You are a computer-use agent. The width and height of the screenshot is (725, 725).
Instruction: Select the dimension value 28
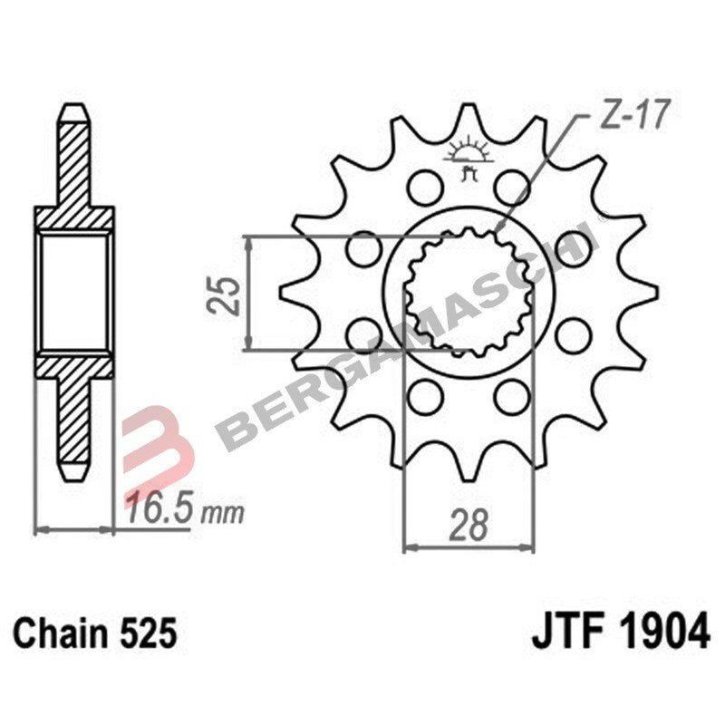tap(468, 526)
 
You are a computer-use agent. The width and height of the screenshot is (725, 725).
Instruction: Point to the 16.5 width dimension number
tap(160, 508)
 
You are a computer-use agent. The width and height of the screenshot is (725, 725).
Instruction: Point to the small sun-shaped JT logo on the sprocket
tap(469, 155)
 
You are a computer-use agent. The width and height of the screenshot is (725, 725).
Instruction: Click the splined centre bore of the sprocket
tap(469, 294)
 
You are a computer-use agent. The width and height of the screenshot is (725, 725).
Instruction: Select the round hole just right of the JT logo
tap(514, 188)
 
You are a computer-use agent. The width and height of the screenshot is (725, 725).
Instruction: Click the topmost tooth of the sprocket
tap(469, 119)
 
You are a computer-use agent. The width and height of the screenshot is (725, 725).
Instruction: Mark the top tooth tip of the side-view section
tap(74, 111)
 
